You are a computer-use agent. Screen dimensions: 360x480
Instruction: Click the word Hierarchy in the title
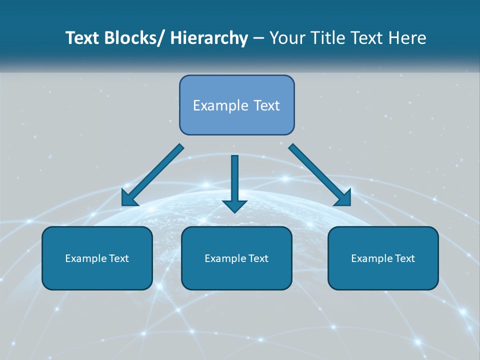click(x=209, y=38)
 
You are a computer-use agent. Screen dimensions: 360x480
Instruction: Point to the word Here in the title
click(x=408, y=38)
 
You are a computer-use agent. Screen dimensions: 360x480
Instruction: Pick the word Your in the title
click(x=286, y=38)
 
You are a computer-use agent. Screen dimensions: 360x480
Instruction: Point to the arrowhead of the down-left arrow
click(x=128, y=199)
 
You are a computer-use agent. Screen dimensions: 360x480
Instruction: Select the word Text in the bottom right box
click(x=404, y=258)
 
